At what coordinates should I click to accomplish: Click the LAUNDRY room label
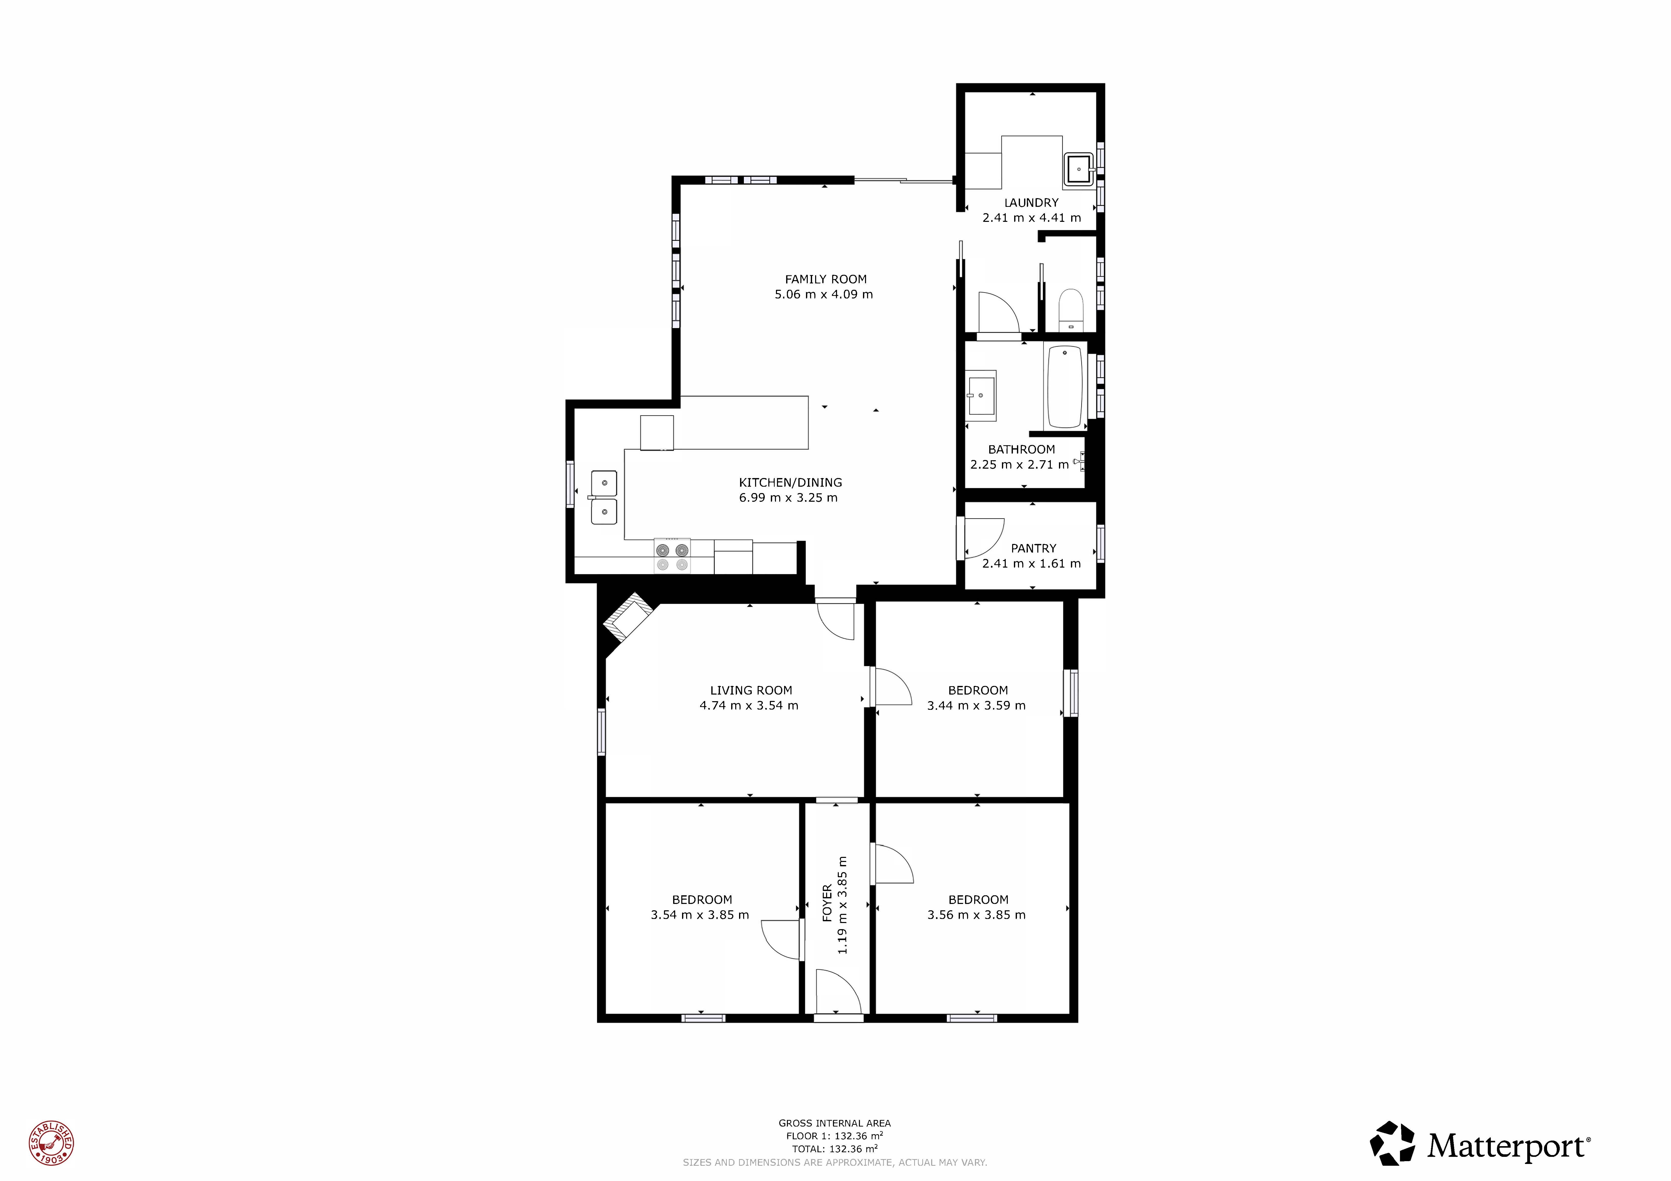tap(1031, 203)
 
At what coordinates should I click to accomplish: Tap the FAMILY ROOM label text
tap(825, 279)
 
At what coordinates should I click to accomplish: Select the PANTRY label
tap(1033, 549)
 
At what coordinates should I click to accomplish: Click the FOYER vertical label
tap(827, 903)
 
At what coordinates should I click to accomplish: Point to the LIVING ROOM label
tap(751, 690)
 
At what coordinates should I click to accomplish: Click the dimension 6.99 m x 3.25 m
tap(788, 498)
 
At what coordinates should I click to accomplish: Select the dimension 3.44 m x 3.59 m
tap(977, 706)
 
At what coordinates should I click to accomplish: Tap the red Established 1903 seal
tap(51, 1143)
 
